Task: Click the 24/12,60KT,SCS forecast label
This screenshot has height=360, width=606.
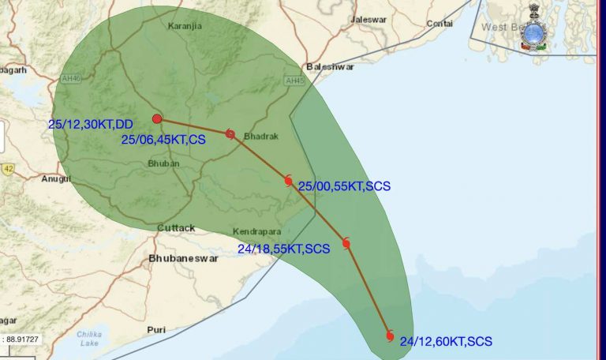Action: (446, 342)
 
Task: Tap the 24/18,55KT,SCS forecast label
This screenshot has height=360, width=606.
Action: (283, 249)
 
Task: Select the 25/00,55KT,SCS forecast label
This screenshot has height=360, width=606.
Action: (344, 186)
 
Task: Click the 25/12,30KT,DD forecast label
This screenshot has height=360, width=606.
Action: (91, 124)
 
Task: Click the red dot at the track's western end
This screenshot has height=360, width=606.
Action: (157, 118)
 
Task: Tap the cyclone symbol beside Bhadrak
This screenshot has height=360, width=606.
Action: (230, 133)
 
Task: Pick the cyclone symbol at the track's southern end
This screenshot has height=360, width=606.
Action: (390, 336)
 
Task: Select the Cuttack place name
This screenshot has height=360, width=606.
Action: (175, 228)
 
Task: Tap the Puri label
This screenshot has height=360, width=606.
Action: (156, 329)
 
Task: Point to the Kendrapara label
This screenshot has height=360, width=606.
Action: (258, 232)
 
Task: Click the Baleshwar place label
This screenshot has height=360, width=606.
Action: (331, 67)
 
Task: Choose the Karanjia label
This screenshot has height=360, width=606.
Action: (185, 26)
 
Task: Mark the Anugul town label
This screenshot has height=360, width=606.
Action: (57, 178)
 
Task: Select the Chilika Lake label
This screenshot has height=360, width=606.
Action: (89, 338)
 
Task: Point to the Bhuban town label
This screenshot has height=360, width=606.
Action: (164, 163)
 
